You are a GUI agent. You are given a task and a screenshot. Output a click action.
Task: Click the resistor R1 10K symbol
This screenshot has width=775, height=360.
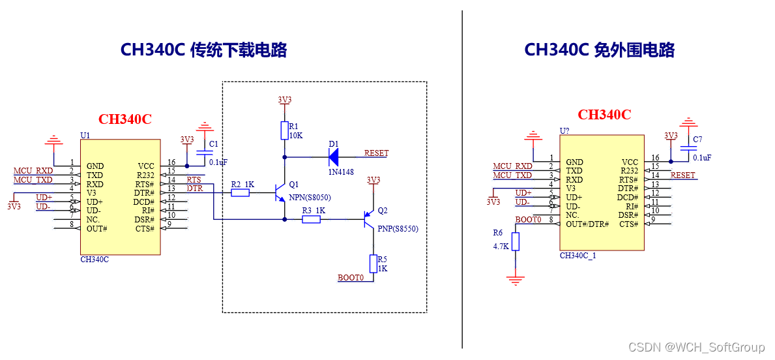[x=284, y=130]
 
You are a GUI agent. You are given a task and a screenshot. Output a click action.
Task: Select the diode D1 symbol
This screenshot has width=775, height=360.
[x=334, y=157]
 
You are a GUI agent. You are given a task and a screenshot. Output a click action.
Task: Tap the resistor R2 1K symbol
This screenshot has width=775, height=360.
[x=240, y=192]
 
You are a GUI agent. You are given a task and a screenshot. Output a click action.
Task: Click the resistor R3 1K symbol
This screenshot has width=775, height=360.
[x=311, y=220]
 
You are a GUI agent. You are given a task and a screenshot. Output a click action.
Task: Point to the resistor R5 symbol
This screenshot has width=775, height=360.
[x=373, y=263]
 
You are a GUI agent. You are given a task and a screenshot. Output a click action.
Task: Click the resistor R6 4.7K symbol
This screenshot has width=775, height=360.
[x=516, y=242]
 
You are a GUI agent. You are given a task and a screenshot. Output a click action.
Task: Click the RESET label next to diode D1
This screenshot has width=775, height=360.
[x=376, y=153]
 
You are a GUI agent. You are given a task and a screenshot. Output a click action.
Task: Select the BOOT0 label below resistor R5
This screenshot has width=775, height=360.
[x=350, y=278]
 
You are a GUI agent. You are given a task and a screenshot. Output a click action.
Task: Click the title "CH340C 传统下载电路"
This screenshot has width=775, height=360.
[x=203, y=50]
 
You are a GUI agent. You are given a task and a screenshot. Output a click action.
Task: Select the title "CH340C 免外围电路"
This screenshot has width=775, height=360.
[x=599, y=50]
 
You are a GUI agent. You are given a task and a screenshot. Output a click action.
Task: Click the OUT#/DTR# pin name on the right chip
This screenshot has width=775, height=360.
[x=587, y=224]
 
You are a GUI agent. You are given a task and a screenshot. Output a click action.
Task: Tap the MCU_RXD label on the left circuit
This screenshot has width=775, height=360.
[x=33, y=171]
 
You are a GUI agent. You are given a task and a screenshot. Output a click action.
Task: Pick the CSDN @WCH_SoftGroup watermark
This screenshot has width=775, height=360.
[x=696, y=347]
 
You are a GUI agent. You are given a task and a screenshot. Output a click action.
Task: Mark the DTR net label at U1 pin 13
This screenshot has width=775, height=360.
[x=194, y=188]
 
